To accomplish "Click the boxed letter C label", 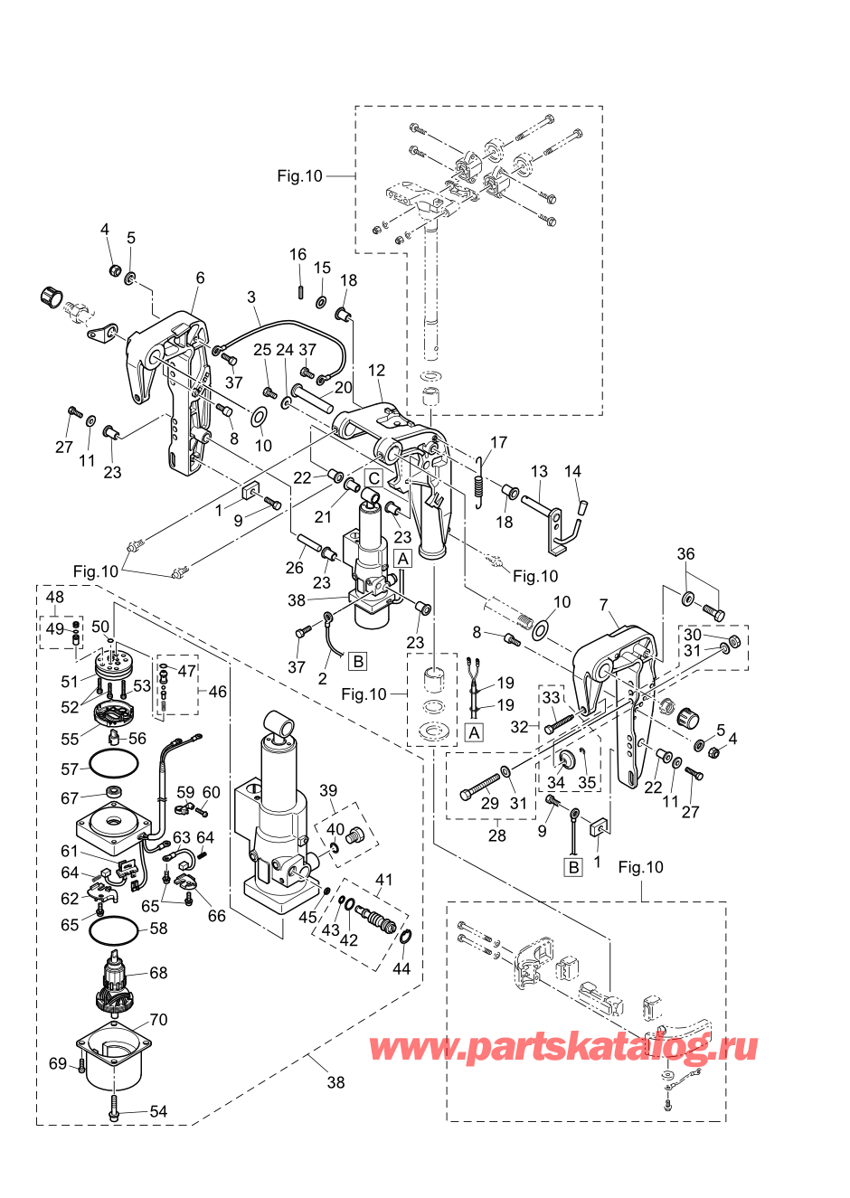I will click(373, 477).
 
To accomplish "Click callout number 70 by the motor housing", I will click(158, 1020).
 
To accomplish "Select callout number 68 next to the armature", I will click(158, 973).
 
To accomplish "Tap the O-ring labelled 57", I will click(114, 765).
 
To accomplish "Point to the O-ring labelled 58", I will click(115, 929).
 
